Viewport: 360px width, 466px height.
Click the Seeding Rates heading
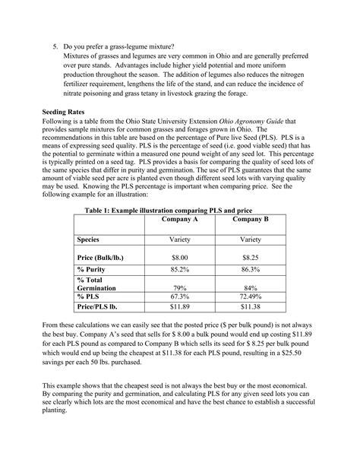(x=63, y=111)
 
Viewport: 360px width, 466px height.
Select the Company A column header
(x=179, y=218)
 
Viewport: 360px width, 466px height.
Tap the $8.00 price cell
(x=179, y=258)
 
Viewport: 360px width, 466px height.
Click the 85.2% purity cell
(x=179, y=270)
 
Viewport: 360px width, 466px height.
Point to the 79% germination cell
(x=179, y=288)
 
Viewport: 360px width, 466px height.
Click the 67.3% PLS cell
(x=179, y=298)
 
